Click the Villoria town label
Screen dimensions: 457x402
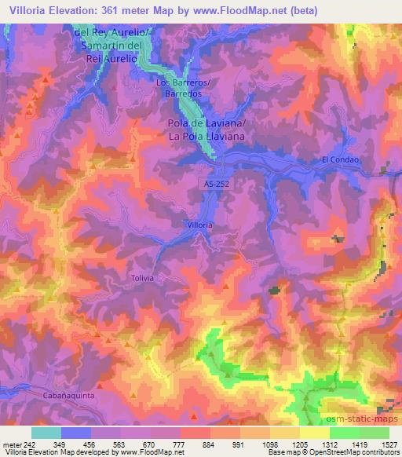pos(199,225)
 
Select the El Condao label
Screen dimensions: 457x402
pos(340,160)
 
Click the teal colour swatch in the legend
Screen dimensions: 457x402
pos(46,433)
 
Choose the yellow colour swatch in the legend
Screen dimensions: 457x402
pos(314,433)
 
